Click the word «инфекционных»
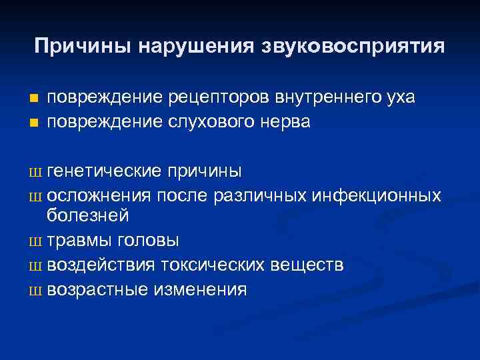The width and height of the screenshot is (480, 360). pos(375,195)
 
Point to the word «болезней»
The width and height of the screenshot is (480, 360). pos(87,216)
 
